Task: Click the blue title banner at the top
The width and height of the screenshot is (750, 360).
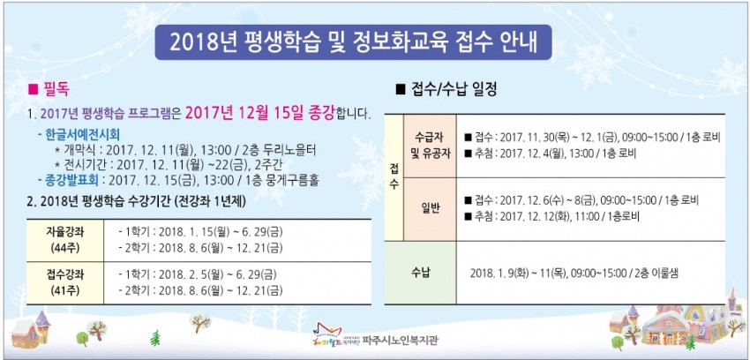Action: (x=354, y=42)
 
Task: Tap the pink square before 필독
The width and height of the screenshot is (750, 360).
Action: (x=33, y=89)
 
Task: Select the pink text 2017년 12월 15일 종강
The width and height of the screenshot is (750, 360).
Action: (x=259, y=113)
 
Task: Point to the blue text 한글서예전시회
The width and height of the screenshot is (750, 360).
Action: (x=82, y=133)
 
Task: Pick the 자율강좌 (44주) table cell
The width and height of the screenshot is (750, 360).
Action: (x=64, y=241)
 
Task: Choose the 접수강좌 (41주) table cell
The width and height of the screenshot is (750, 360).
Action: (x=64, y=283)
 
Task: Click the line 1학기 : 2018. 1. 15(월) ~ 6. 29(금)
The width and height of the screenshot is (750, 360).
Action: (x=200, y=232)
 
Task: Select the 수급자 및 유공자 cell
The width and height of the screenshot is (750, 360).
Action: (x=430, y=146)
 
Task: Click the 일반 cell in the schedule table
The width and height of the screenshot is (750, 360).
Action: (x=430, y=209)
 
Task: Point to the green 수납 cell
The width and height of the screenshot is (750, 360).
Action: (x=420, y=273)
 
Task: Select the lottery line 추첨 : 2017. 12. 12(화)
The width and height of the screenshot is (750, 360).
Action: (x=551, y=215)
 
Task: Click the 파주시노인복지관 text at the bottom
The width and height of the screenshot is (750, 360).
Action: (x=400, y=340)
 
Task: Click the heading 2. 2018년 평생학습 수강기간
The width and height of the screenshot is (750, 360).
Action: (x=137, y=202)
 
